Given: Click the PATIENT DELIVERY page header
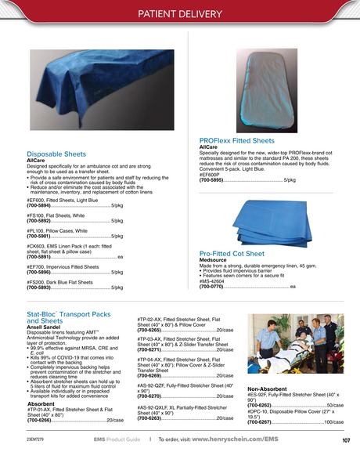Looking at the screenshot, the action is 179,13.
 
